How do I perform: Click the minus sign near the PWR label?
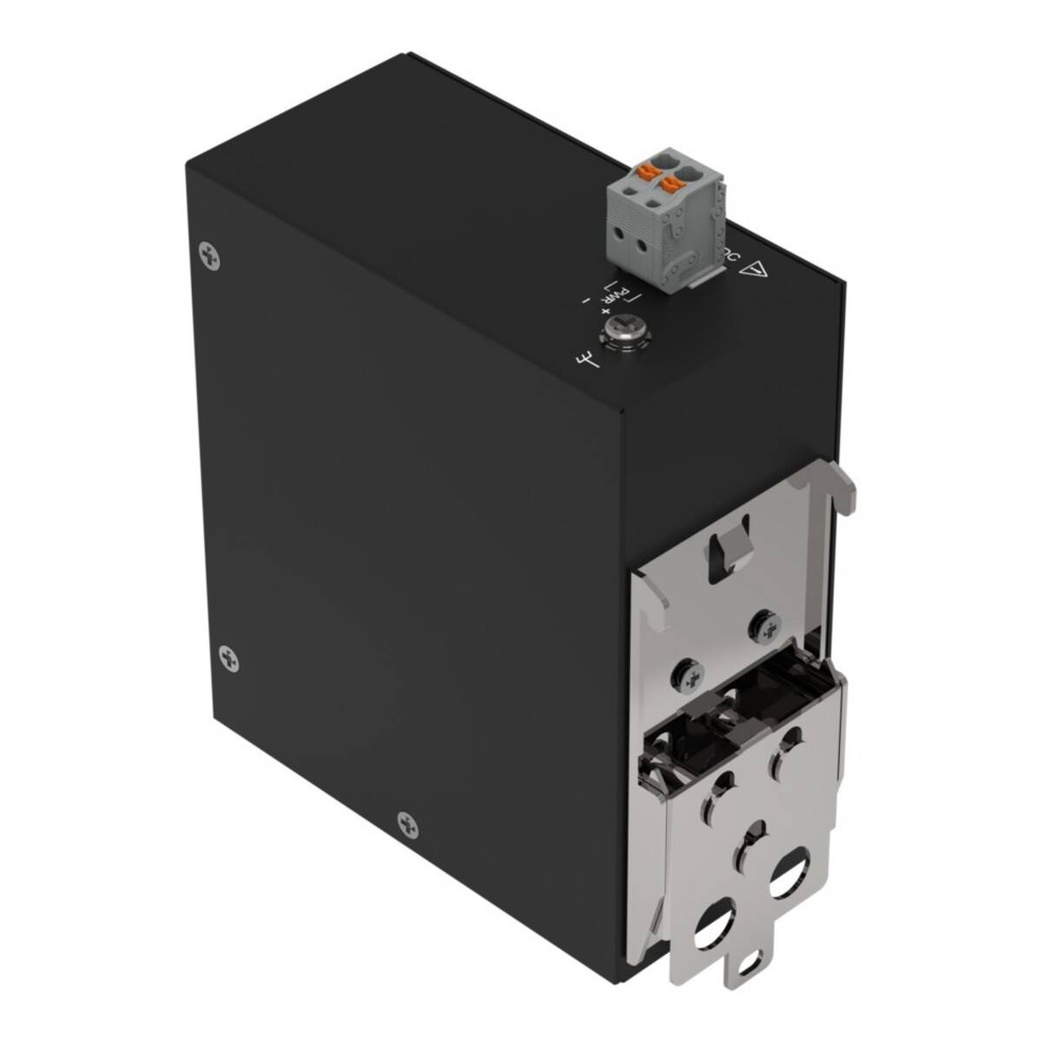point(587,300)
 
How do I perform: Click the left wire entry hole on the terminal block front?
point(620,235)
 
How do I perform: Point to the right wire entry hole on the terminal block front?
point(642,247)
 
